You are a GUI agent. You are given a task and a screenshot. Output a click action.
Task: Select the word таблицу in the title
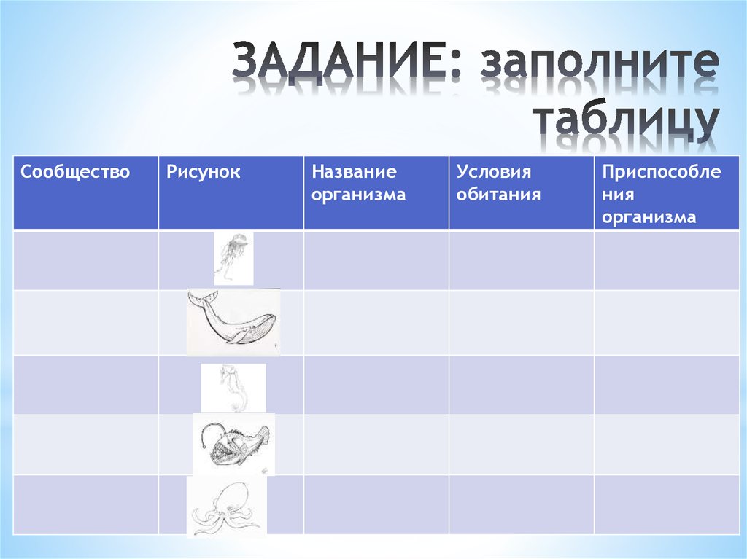[x=625, y=122]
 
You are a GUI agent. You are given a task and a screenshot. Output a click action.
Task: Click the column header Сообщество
[x=75, y=173]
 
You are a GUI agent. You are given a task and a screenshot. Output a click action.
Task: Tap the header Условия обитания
[x=498, y=184]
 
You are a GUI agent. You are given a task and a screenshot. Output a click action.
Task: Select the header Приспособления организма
[x=661, y=195]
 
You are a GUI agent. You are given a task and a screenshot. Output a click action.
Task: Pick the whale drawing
[x=233, y=321]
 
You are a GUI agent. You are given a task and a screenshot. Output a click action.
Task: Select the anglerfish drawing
[x=233, y=442]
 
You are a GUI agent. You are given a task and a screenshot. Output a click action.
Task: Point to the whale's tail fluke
[x=203, y=298]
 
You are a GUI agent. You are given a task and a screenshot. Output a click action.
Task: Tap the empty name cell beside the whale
[x=376, y=322]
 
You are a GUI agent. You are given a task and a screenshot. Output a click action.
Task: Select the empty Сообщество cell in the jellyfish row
[x=85, y=260]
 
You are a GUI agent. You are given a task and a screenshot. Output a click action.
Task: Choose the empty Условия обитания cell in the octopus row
[x=521, y=504]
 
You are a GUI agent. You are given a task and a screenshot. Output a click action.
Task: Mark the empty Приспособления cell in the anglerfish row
[x=666, y=445]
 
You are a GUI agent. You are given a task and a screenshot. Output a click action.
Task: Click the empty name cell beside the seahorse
[x=376, y=385]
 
